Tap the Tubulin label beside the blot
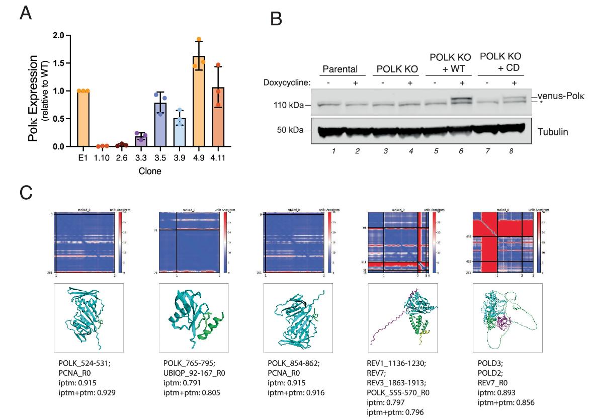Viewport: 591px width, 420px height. point(553,132)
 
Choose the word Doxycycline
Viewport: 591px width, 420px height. point(287,82)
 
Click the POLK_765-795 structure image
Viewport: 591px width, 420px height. point(194,317)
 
